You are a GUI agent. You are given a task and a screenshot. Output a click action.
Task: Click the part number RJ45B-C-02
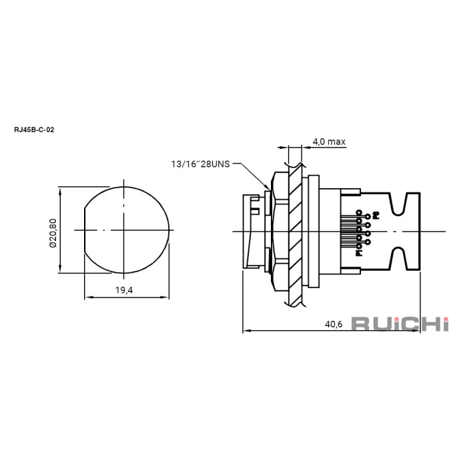point(34,130)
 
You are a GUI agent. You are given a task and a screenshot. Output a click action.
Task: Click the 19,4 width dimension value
point(125,291)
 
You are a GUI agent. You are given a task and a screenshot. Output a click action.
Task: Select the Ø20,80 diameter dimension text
point(53,231)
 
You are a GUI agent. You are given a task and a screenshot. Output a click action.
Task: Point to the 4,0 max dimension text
point(329,141)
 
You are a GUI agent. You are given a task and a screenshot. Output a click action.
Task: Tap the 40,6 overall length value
point(334,324)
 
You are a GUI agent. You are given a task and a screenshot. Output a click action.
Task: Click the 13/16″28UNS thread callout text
point(200,163)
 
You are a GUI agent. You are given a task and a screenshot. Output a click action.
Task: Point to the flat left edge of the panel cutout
point(84,231)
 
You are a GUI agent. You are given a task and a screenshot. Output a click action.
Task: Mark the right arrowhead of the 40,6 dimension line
point(418,330)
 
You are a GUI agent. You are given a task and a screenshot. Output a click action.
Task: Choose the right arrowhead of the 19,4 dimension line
point(167,298)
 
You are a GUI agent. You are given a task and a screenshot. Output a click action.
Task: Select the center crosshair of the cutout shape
point(125,231)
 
